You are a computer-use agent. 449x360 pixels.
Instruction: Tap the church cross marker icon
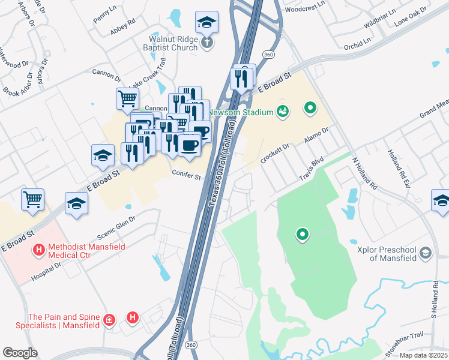tap(206, 43)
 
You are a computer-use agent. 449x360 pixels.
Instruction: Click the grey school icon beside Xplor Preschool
tap(426, 253)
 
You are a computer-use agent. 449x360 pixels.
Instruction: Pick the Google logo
tap(20, 353)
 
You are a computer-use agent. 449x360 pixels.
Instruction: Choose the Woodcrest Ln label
tap(305, 10)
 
